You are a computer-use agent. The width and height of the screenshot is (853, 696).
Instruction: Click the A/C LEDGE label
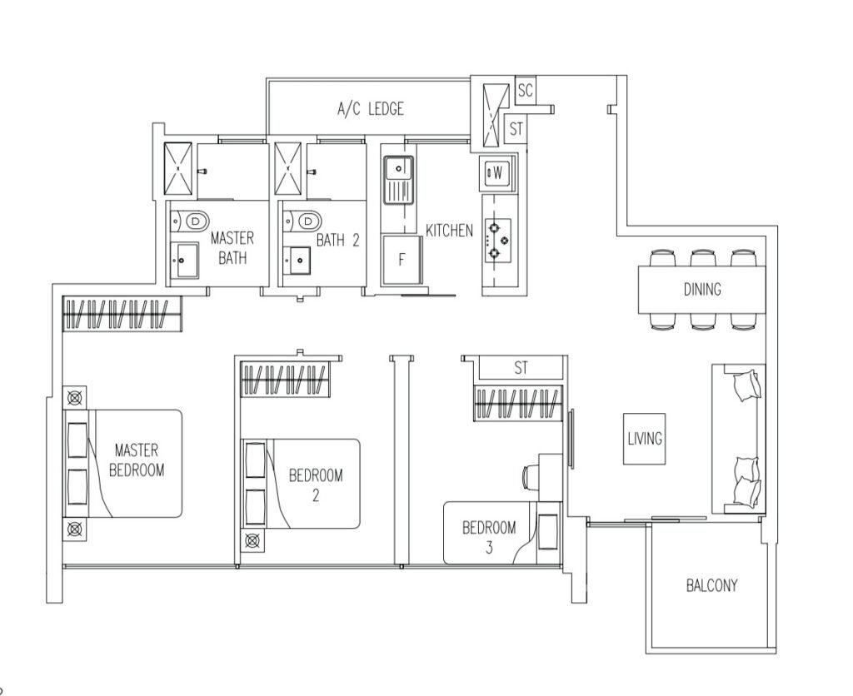pyautogui.click(x=371, y=109)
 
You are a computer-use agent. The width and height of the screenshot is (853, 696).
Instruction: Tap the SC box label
pyautogui.click(x=525, y=90)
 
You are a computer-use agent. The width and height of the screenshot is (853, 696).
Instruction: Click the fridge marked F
pyautogui.click(x=402, y=260)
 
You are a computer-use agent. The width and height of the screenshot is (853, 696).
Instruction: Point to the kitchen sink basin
pyautogui.click(x=399, y=168)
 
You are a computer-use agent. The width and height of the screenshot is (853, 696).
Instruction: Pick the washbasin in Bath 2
pyautogui.click(x=297, y=261)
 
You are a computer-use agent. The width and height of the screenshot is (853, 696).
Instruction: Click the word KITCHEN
pyautogui.click(x=449, y=231)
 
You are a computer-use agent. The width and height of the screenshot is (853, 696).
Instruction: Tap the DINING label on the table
pyautogui.click(x=702, y=289)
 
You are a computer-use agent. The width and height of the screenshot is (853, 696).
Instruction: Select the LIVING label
pyautogui.click(x=645, y=438)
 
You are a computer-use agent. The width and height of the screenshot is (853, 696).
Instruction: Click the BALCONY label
pyautogui.click(x=711, y=585)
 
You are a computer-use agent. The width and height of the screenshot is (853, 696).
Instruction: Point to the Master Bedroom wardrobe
pyautogui.click(x=122, y=314)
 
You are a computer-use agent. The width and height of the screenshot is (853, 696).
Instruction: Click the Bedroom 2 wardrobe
pyautogui.click(x=287, y=379)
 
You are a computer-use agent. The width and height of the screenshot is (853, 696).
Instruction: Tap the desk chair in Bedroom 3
pyautogui.click(x=529, y=477)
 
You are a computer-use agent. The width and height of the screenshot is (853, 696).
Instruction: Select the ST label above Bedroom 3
pyautogui.click(x=521, y=368)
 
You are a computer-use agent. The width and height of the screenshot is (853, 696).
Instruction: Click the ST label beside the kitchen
pyautogui.click(x=516, y=129)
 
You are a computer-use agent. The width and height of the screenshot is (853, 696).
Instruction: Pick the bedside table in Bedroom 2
pyautogui.click(x=252, y=540)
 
